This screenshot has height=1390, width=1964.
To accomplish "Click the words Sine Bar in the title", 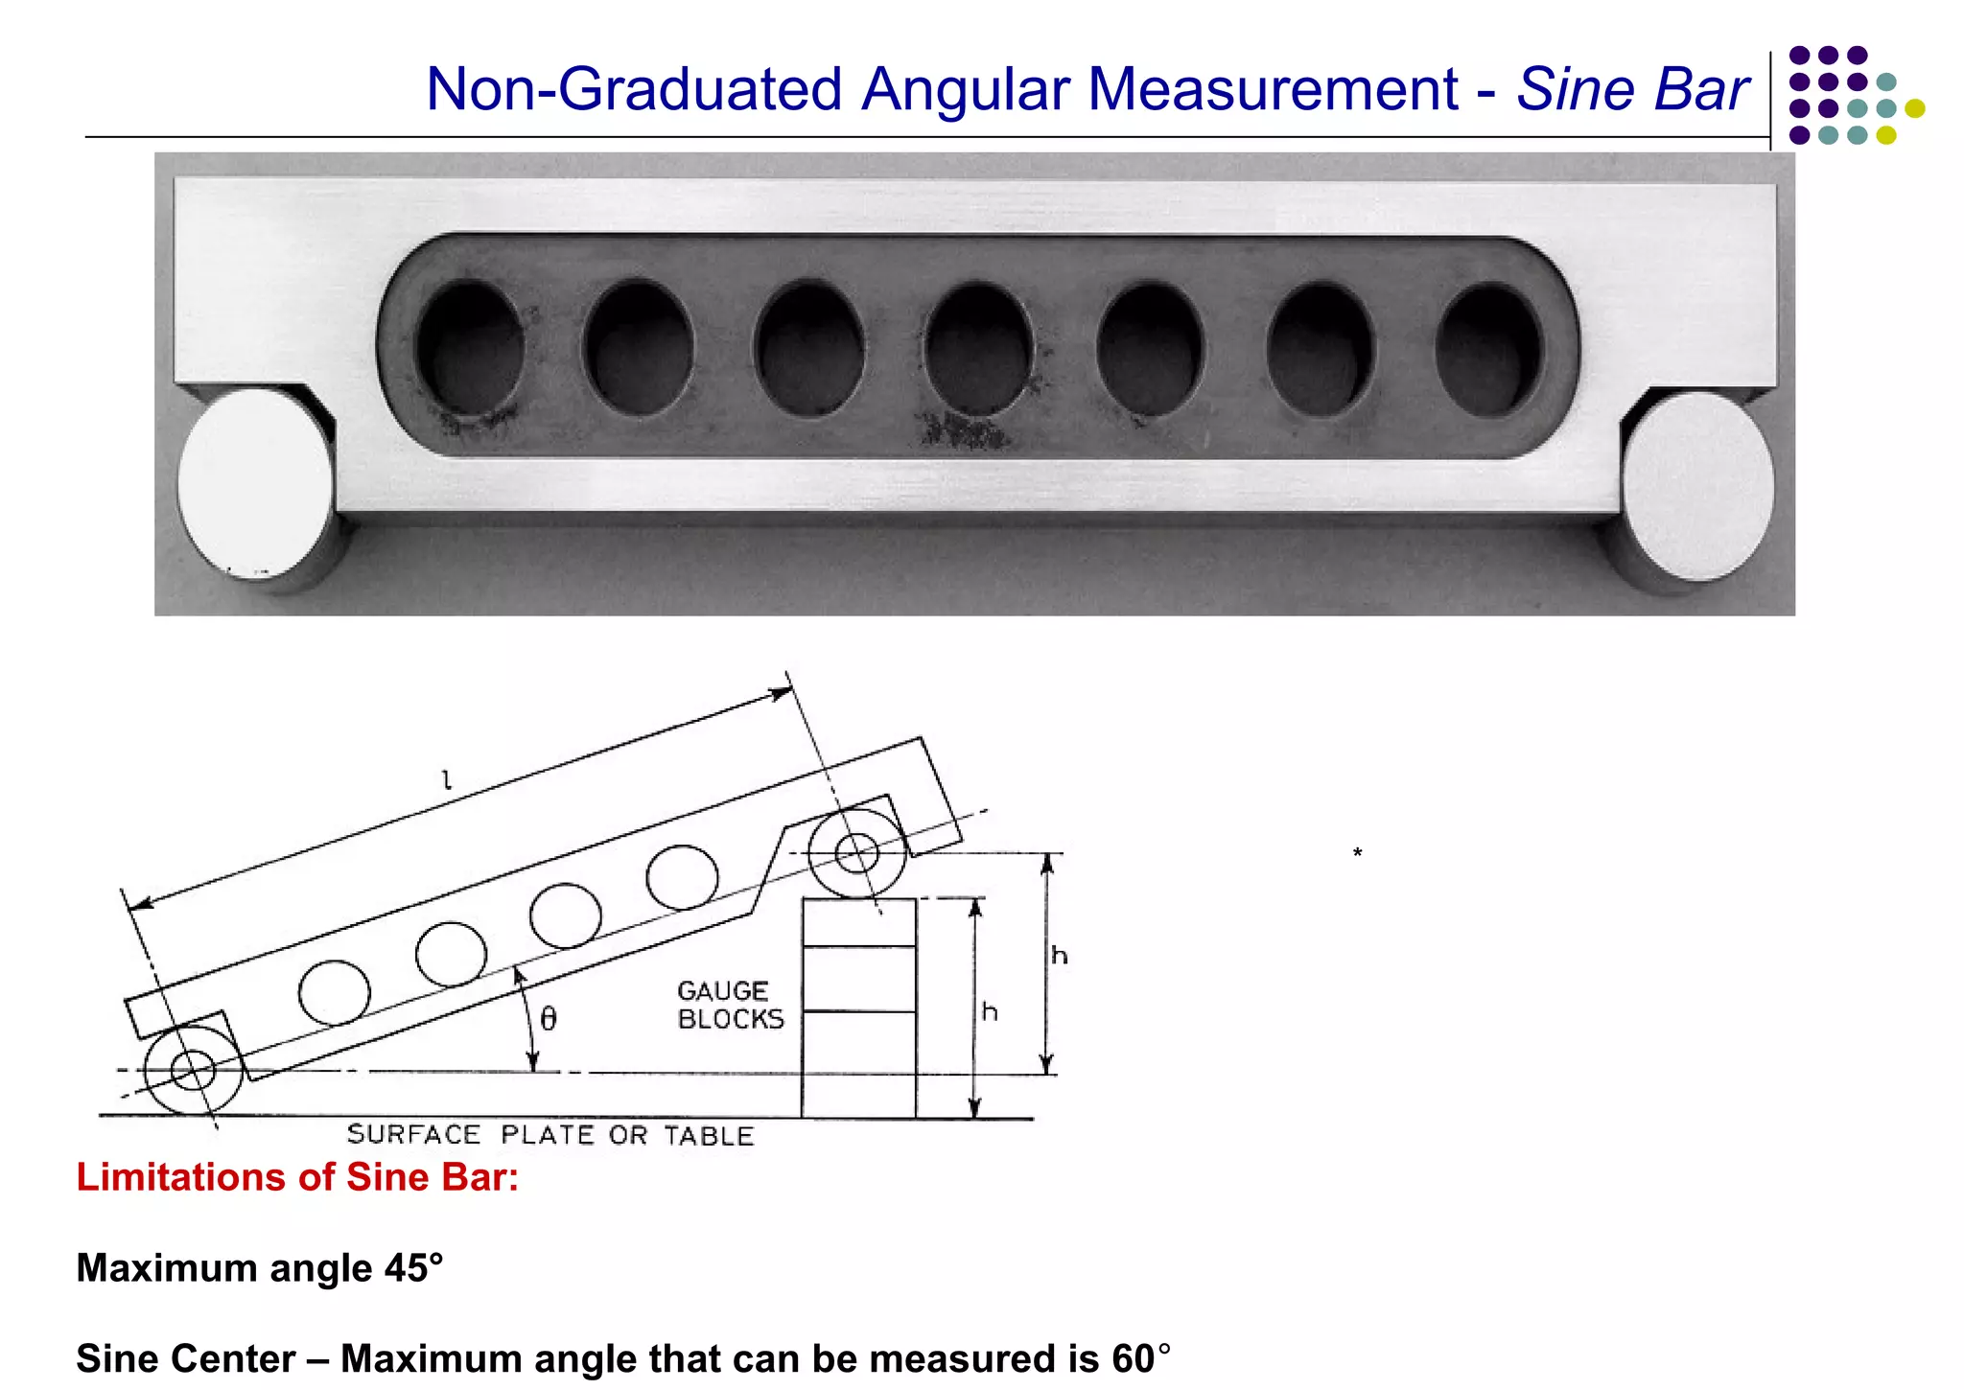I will click(x=1632, y=89).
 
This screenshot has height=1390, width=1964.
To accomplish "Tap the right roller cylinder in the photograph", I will click(x=1697, y=487).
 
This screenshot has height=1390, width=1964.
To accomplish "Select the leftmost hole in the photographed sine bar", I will click(x=470, y=348).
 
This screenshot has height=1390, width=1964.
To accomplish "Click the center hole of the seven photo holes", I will click(x=979, y=348).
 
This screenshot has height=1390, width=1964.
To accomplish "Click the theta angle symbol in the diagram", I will click(x=549, y=1018).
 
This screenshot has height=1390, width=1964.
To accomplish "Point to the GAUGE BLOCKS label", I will click(x=730, y=1005).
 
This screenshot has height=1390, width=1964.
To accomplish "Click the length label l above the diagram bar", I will click(x=446, y=780).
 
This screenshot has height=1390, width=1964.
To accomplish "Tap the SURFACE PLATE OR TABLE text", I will click(x=550, y=1135).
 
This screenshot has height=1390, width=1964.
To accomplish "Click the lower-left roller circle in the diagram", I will click(x=193, y=1070).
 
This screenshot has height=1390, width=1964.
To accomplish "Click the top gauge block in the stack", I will click(x=859, y=922).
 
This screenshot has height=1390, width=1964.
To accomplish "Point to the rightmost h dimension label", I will click(x=1059, y=956).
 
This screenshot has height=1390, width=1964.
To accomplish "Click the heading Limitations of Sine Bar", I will click(x=297, y=1177).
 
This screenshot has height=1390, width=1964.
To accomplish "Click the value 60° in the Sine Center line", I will click(x=1141, y=1359).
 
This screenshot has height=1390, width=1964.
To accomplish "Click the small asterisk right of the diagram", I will click(x=1357, y=852).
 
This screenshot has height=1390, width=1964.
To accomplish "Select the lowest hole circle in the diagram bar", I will click(x=334, y=993).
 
